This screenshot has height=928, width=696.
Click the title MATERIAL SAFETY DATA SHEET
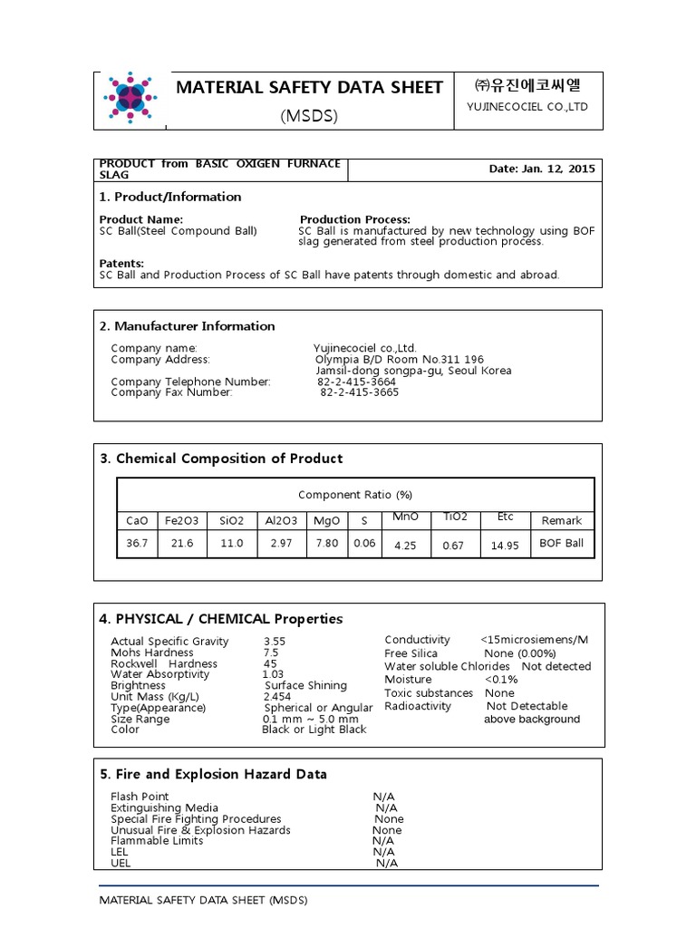309,88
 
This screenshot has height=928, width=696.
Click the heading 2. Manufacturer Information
187,326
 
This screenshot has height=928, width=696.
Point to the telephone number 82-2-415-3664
357,382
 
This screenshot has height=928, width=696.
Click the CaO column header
136,520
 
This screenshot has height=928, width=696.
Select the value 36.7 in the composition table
136,544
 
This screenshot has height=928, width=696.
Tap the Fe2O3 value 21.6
181,544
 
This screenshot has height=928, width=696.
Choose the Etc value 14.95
505,546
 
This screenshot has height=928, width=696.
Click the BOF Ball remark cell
561,544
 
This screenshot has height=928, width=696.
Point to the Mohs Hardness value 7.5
271,652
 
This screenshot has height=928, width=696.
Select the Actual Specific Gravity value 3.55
274,641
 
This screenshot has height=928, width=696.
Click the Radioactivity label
418,706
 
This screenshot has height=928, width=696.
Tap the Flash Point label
140,797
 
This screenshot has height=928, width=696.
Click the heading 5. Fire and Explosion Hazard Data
213,774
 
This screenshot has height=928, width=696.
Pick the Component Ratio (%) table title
355,495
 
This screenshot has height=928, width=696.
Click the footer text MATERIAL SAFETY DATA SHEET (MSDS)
203,900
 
